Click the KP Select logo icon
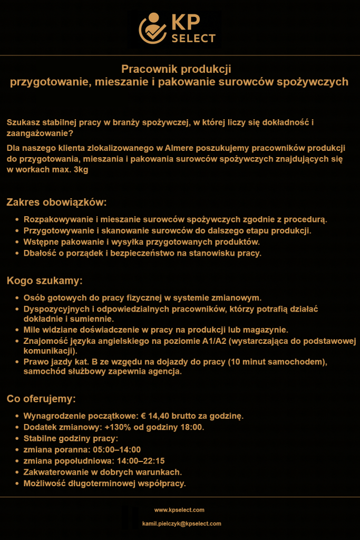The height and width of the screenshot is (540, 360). [x=152, y=29]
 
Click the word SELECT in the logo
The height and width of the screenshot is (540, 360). [x=193, y=38]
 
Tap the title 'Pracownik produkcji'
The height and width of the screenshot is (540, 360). [x=177, y=69]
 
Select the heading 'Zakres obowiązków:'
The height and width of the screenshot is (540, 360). [x=56, y=202]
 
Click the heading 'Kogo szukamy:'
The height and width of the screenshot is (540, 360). [x=44, y=280]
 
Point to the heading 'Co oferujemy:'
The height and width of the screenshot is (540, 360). [x=42, y=398]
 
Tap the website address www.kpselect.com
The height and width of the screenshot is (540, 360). [x=179, y=510]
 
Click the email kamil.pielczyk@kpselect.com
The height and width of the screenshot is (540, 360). [x=181, y=524]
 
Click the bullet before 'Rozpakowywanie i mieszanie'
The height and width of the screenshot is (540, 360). [x=17, y=219]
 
